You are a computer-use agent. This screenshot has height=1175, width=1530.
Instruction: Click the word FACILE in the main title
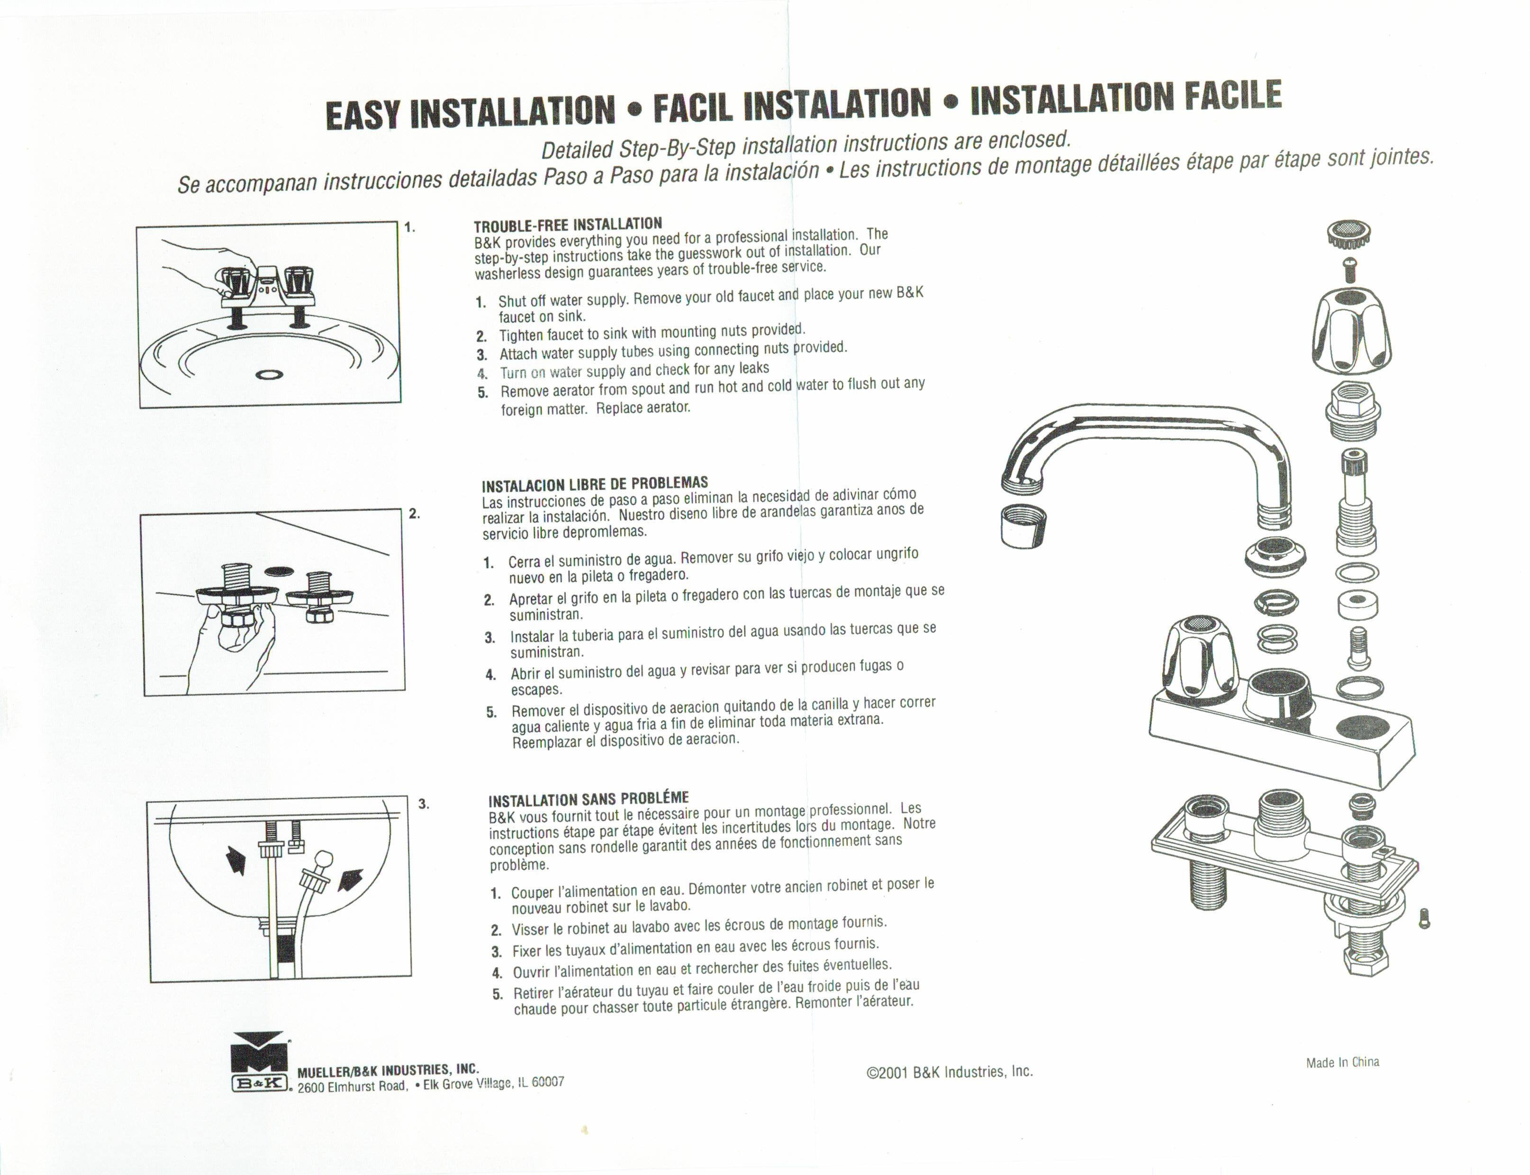pyautogui.click(x=1233, y=96)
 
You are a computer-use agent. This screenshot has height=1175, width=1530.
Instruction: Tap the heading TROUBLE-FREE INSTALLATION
pyautogui.click(x=568, y=225)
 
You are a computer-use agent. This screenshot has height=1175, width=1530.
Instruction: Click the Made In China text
pyautogui.click(x=1342, y=1062)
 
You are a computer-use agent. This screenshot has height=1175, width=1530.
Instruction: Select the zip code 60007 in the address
pyautogui.click(x=548, y=1082)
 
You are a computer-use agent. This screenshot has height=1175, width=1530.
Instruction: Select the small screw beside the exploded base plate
pyautogui.click(x=1424, y=918)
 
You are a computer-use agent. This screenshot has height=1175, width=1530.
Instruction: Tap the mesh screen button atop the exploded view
pyautogui.click(x=1348, y=235)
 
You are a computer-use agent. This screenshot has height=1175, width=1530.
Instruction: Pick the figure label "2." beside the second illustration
pyautogui.click(x=415, y=514)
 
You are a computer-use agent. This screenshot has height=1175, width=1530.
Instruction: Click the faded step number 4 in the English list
pyautogui.click(x=482, y=373)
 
